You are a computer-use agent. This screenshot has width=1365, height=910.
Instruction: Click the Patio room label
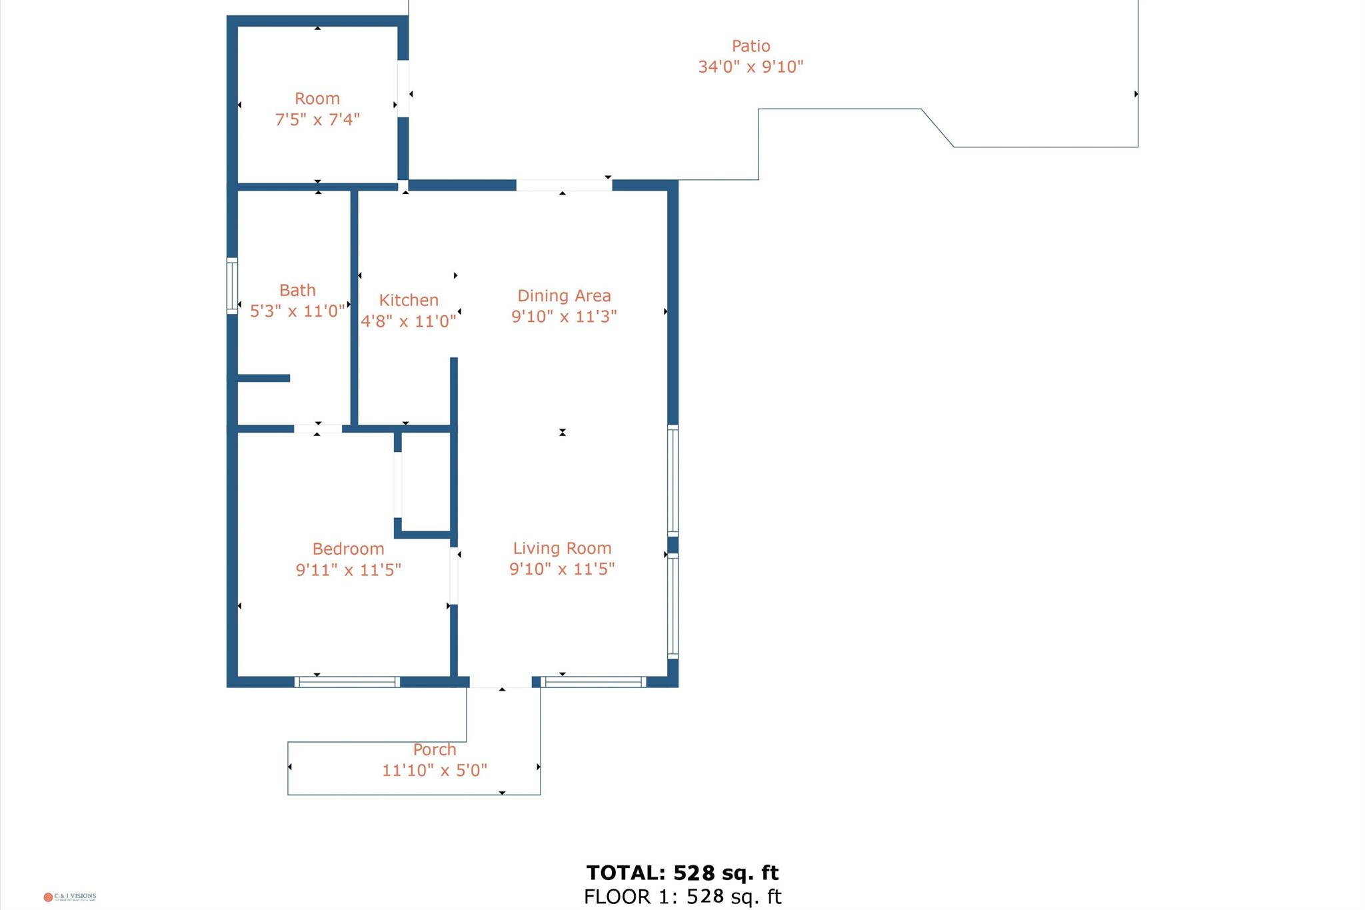750,46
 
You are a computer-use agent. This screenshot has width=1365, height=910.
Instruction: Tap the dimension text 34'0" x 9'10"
750,67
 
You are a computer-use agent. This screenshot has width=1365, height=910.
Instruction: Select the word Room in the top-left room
317,99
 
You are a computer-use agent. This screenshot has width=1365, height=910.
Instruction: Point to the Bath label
297,290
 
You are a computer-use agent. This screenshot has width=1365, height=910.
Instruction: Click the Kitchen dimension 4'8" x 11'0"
408,321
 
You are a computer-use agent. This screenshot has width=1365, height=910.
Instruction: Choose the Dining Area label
564,295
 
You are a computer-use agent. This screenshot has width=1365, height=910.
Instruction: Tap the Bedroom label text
348,549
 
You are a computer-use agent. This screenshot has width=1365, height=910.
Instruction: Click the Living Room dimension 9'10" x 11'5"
562,569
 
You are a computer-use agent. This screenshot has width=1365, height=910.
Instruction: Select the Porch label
435,749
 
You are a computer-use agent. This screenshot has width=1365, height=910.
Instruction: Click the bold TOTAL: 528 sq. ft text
682,873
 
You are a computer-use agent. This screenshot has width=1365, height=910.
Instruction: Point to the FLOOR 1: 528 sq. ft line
682,897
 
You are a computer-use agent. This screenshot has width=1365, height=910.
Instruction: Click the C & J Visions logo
69,897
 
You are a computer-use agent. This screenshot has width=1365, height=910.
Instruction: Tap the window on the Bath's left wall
232,285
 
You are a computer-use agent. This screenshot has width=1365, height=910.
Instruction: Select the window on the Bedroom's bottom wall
347,681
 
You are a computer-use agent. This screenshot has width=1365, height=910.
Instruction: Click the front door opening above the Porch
501,681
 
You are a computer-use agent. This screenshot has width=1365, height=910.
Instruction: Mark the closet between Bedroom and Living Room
425,483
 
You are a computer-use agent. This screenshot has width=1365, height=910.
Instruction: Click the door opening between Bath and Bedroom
318,429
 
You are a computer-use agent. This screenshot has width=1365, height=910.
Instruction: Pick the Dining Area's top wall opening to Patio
564,185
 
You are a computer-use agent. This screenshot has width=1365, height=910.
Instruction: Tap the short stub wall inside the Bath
263,378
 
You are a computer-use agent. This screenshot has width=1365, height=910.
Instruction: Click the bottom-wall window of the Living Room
593,681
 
